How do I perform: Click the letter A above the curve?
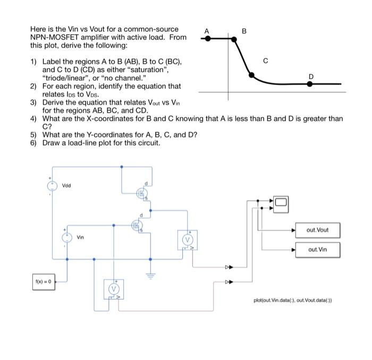[x=207, y=30]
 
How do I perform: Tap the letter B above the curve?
[x=244, y=30]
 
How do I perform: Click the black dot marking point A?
[x=208, y=39]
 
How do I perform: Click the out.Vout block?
[x=318, y=230]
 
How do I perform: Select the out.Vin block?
[x=318, y=248]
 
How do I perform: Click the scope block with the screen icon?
[x=280, y=202]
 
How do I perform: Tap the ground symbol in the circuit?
[x=150, y=275]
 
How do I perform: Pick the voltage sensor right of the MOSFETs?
[x=187, y=240]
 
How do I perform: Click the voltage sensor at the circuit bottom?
[x=113, y=289]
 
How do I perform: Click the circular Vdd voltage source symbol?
[x=53, y=186]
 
